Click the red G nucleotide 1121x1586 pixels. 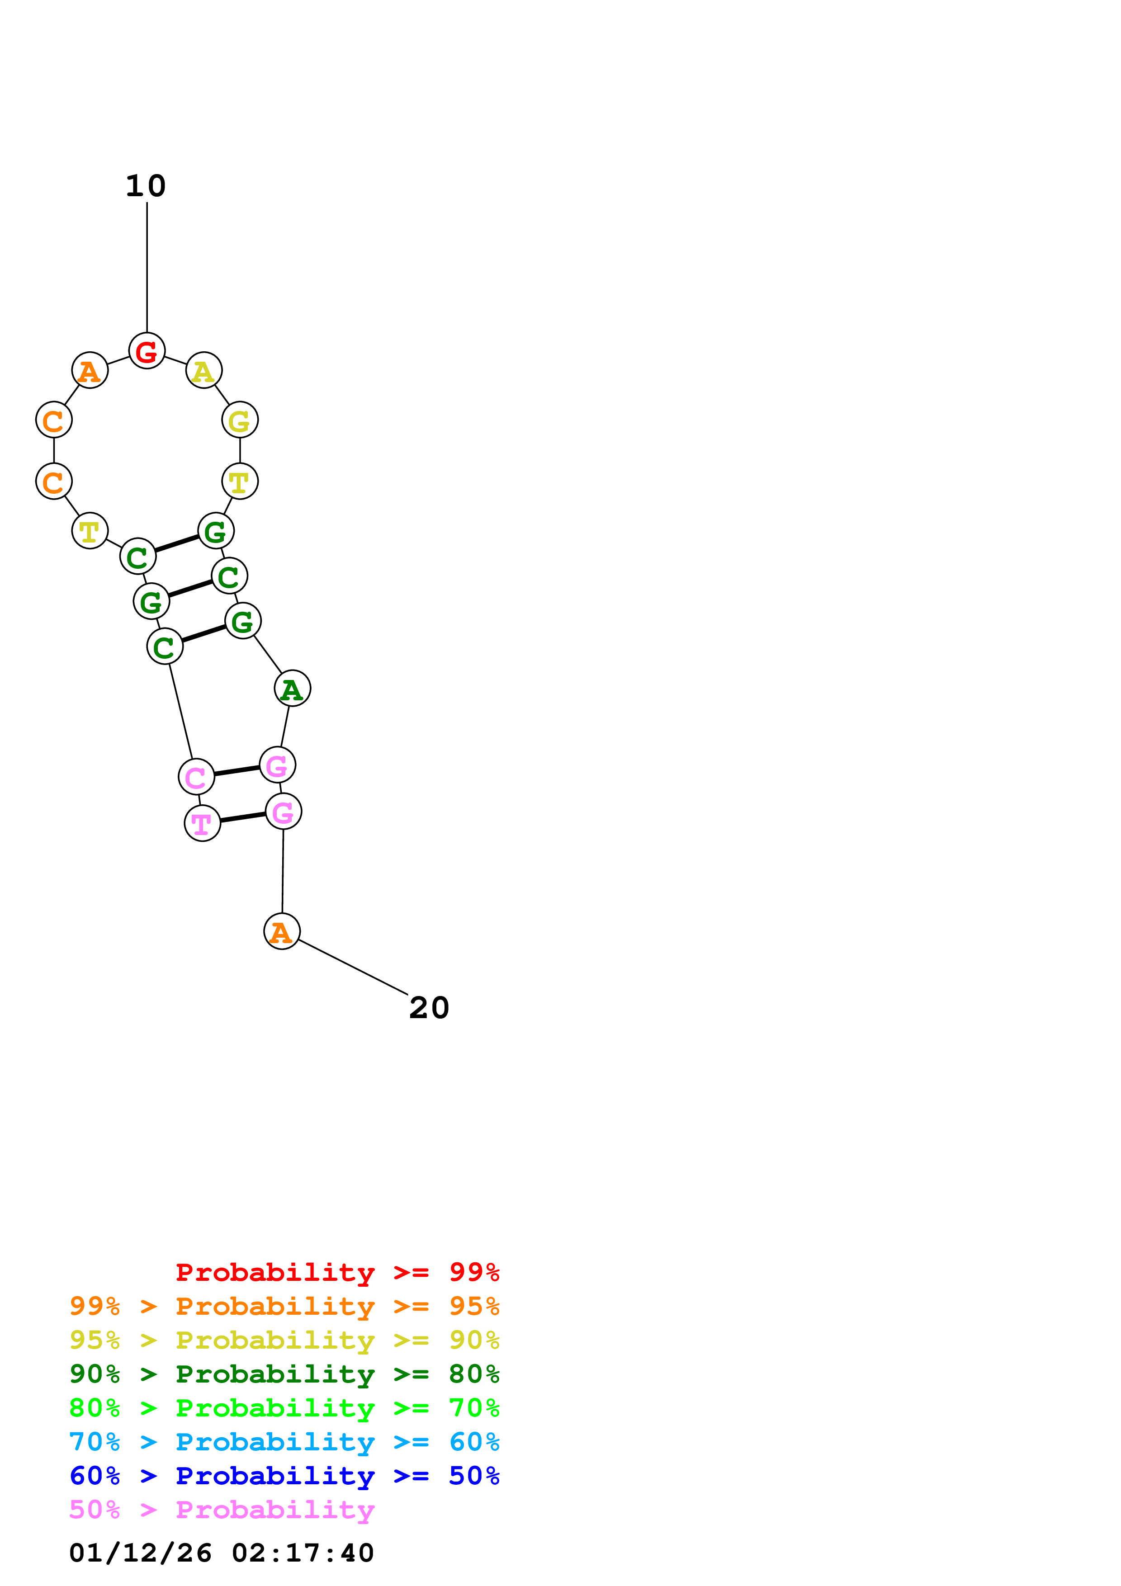click(147, 350)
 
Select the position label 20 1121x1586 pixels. click(429, 1008)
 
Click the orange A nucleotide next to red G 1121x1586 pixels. click(90, 370)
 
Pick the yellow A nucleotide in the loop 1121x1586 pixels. click(204, 370)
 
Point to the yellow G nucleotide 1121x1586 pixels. click(240, 420)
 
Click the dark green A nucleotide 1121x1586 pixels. click(292, 688)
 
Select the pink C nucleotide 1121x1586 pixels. click(196, 777)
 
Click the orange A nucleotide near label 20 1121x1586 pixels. click(282, 931)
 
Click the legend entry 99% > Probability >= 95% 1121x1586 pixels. click(284, 1306)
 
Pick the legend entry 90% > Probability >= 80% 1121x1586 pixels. click(284, 1374)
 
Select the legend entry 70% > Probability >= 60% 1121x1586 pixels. click(284, 1442)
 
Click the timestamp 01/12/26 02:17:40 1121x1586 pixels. click(222, 1553)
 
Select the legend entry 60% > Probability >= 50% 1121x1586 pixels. click(284, 1476)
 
